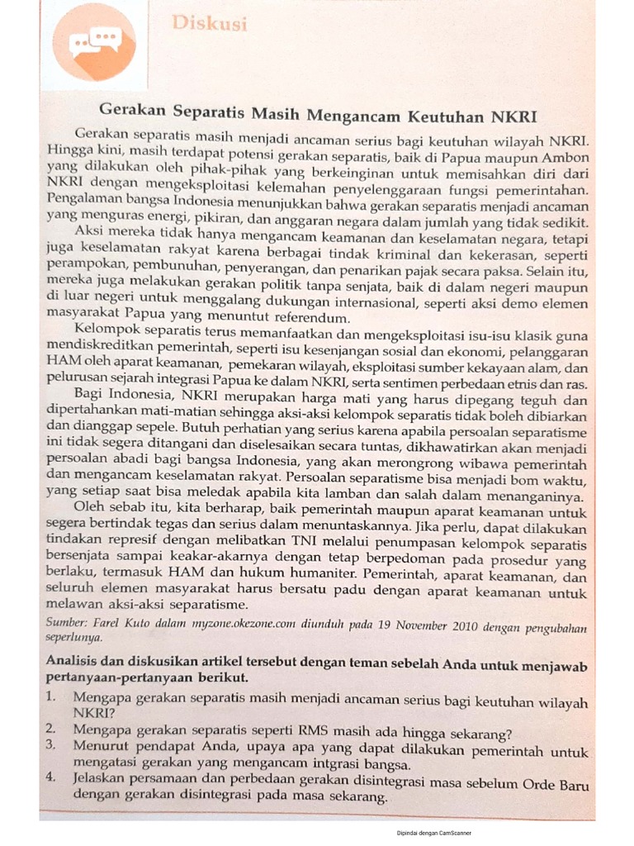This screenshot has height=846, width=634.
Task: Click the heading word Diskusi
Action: [x=210, y=24]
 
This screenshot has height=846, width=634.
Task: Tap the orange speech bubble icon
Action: [x=95, y=41]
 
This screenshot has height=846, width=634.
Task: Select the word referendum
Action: [x=310, y=317]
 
